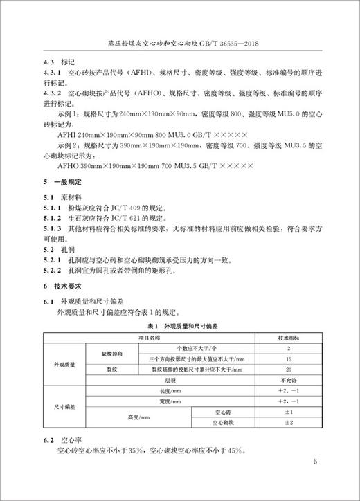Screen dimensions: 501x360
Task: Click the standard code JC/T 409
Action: (129, 206)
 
